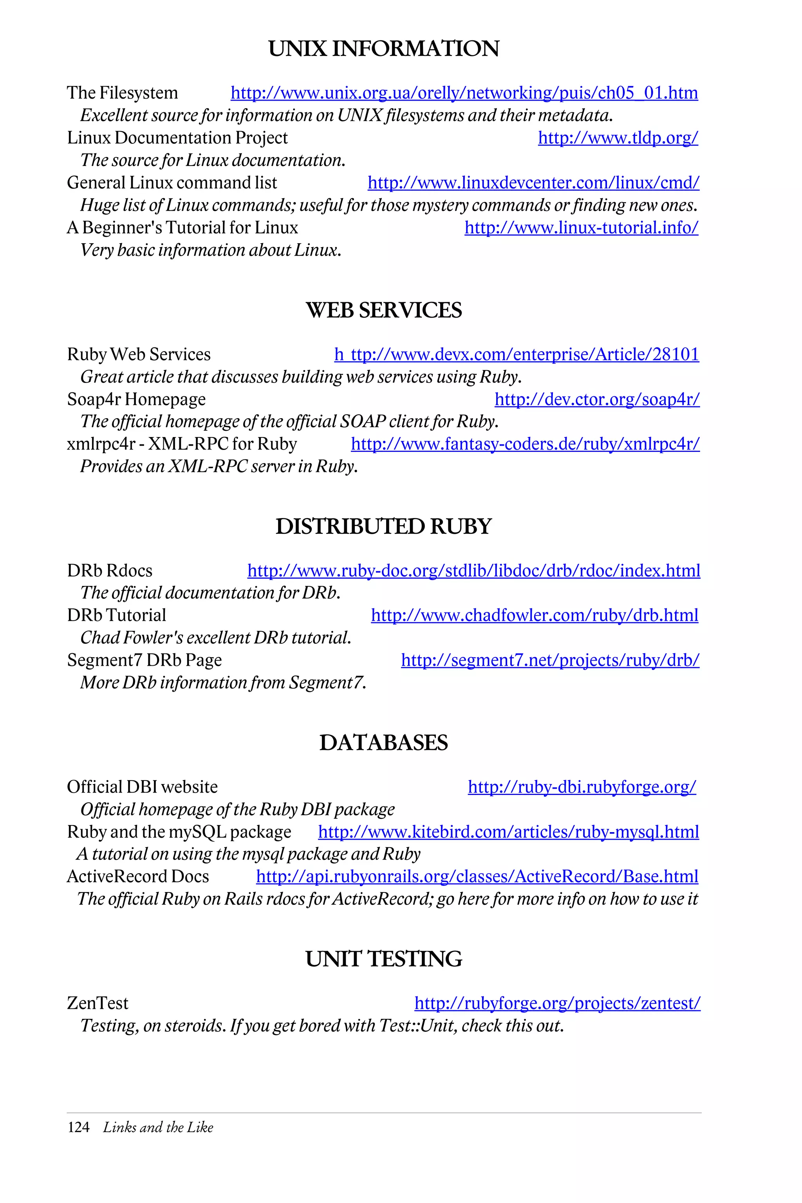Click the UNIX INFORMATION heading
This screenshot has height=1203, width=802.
pos(384,49)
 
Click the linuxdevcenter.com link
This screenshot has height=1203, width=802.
pos(533,182)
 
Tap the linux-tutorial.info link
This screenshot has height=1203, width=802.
pos(581,228)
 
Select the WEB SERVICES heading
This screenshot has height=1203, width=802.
pos(384,311)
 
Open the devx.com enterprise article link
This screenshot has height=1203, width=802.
pos(517,354)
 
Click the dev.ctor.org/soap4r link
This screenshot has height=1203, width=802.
pos(596,399)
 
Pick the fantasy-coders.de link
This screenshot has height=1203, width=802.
pos(525,444)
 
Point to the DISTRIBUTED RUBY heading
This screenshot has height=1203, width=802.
pos(384,527)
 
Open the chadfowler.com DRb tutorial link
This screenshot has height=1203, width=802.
pos(535,615)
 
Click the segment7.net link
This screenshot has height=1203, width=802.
pos(550,660)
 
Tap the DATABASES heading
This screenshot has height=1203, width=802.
pos(384,743)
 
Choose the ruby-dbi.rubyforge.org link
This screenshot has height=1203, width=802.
pos(582,787)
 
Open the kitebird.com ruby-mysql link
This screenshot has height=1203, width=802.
pos(508,832)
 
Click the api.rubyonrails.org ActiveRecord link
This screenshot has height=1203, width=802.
pos(477,877)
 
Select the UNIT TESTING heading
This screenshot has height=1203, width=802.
pos(384,959)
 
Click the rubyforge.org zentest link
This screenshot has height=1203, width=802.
pos(557,1004)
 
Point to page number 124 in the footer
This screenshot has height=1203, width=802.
pos(78,1127)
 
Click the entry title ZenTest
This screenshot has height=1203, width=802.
pos(98,1004)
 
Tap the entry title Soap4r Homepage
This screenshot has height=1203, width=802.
pos(137,399)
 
